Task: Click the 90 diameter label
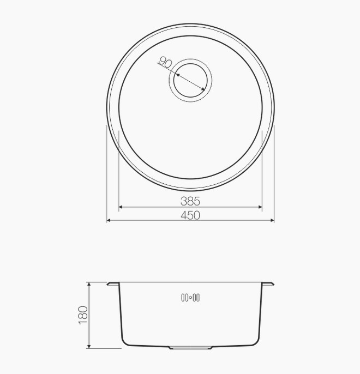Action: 165,63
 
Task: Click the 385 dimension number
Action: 190,201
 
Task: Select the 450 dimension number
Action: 190,215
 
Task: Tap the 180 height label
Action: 83,315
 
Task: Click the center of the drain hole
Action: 190,80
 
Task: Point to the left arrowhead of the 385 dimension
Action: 121,207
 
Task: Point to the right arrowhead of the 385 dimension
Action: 260,207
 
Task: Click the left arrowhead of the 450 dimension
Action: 109,220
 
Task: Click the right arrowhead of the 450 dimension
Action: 272,220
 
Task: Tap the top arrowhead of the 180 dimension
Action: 89,285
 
